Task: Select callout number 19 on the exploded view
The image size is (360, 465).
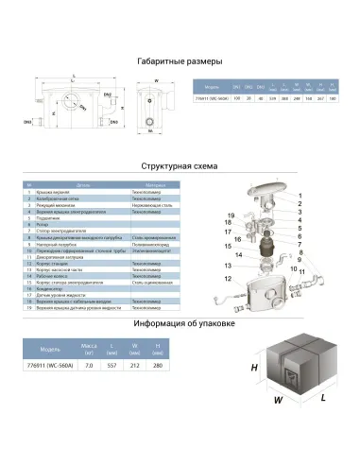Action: [x=229, y=218]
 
